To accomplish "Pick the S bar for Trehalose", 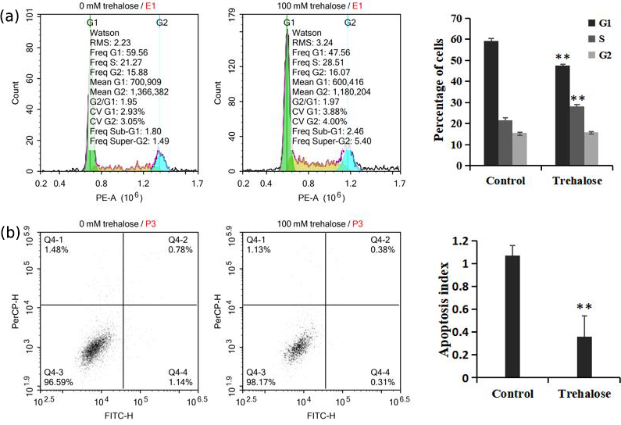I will (x=576, y=136).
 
